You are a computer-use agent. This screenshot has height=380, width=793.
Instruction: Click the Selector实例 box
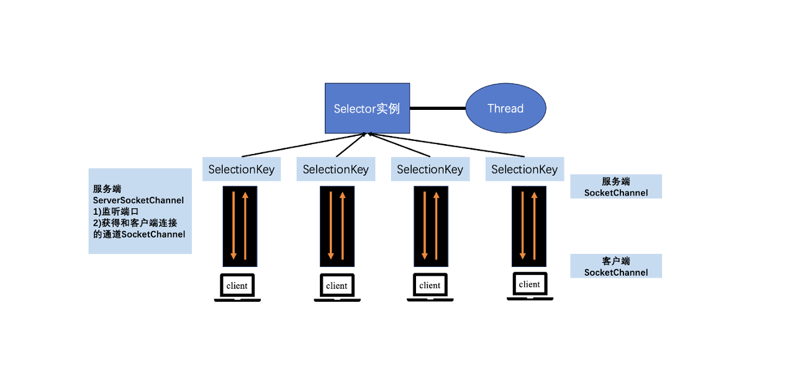(367, 109)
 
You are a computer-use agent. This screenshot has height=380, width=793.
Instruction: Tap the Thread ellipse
(505, 109)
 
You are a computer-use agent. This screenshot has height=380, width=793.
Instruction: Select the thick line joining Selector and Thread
(438, 109)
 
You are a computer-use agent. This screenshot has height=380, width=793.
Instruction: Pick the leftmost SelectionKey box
(242, 170)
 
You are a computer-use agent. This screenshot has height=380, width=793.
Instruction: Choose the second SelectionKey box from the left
(335, 170)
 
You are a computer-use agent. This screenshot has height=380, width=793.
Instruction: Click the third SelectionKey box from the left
(430, 170)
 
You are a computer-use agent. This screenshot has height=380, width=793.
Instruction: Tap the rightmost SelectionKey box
(524, 170)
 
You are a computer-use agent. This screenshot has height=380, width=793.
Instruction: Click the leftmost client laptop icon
(237, 287)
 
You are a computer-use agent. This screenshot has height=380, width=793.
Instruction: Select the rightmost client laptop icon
(529, 286)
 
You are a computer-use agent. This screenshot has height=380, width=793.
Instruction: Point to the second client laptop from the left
(336, 287)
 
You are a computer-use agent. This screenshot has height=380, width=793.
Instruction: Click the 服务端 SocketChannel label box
(616, 187)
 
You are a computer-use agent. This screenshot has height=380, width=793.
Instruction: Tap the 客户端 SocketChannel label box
(616, 266)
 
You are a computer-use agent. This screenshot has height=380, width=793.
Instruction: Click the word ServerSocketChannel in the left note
(138, 201)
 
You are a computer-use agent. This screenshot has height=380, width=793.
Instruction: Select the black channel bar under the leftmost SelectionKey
(240, 227)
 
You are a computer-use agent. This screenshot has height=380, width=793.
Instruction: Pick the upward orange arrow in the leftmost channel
(246, 227)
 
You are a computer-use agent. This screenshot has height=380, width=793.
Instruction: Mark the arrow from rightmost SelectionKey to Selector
(447, 145)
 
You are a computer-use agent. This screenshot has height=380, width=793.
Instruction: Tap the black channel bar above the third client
(430, 227)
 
